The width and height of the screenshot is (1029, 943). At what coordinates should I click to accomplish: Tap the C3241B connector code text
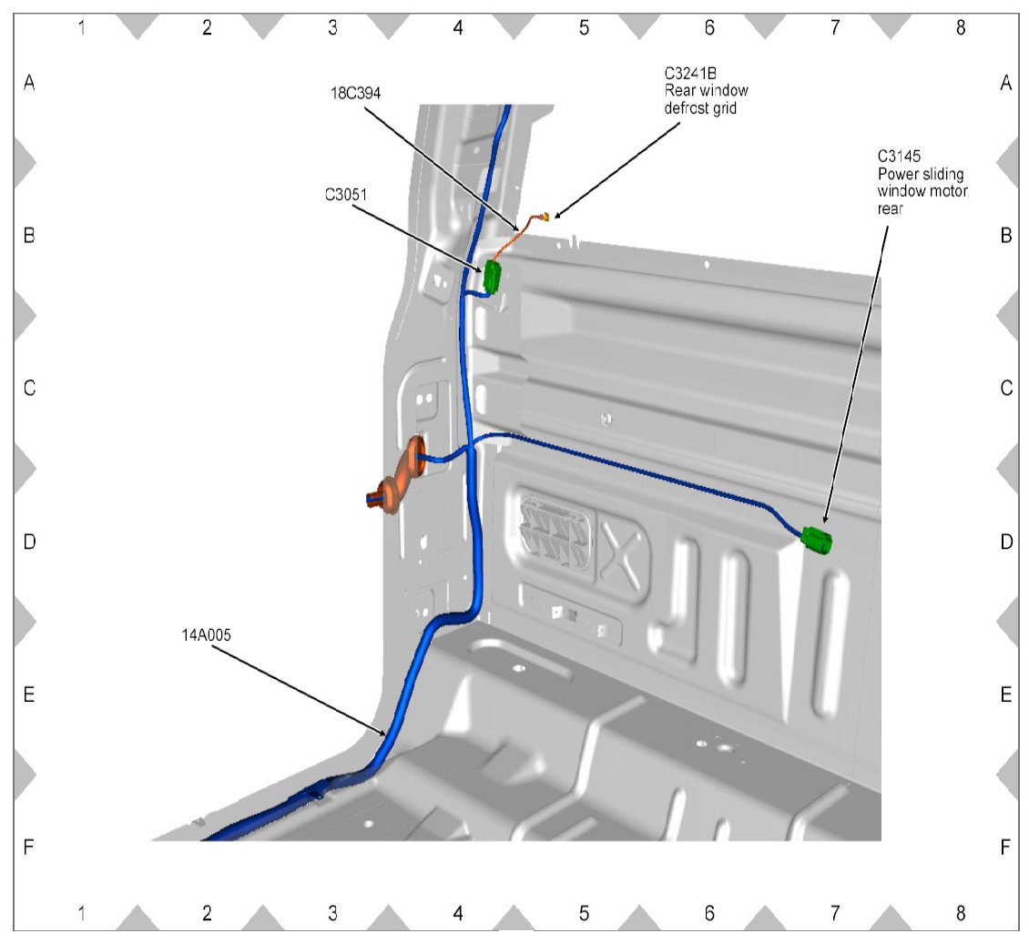(690, 74)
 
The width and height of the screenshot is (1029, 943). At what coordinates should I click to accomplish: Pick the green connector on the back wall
(818, 541)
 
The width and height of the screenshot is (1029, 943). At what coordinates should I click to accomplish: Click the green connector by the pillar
(493, 277)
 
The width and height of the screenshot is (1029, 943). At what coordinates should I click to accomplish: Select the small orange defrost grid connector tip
(545, 216)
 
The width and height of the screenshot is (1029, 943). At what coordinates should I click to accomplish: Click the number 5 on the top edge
(584, 27)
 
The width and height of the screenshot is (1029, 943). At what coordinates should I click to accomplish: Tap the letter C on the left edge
(29, 389)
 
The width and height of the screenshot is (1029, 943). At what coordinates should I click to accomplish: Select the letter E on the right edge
(1005, 695)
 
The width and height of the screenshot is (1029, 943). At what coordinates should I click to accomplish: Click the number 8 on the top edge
(960, 27)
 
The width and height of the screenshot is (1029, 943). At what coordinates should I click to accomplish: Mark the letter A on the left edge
(29, 83)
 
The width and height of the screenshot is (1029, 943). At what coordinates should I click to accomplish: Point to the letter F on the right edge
(1005, 847)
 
